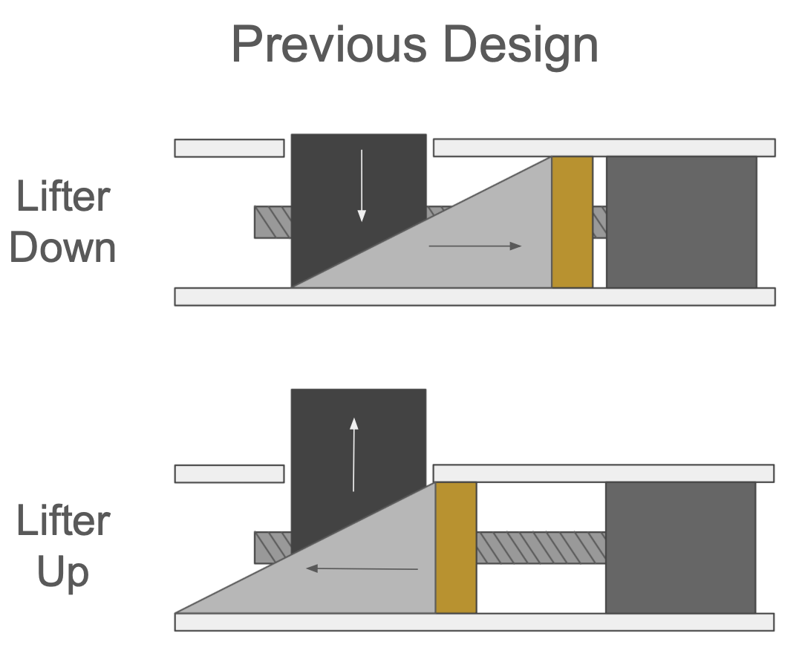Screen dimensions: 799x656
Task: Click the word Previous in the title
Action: [329, 45]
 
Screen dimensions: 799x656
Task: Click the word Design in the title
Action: [521, 46]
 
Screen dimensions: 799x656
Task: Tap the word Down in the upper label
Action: [62, 248]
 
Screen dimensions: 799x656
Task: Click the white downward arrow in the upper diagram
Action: [362, 186]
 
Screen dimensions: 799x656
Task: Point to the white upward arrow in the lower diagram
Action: [353, 455]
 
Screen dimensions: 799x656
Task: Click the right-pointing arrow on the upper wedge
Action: [475, 246]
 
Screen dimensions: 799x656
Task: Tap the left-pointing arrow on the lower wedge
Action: [362, 568]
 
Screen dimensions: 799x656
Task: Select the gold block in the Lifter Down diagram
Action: [573, 222]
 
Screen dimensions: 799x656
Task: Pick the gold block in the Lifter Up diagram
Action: [456, 548]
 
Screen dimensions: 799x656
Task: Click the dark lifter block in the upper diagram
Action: [347, 194]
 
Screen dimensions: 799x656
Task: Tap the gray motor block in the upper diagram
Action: [681, 222]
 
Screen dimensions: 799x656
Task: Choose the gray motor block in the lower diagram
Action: [681, 548]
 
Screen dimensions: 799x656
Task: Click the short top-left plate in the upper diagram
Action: [229, 148]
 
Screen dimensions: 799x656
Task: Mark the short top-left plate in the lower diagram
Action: [229, 473]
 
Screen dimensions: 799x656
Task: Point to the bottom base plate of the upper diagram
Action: [475, 297]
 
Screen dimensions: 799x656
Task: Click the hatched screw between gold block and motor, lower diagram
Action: [541, 548]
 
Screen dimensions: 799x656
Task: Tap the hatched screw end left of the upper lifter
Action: [273, 222]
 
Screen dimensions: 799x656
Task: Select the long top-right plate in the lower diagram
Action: [604, 473]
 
